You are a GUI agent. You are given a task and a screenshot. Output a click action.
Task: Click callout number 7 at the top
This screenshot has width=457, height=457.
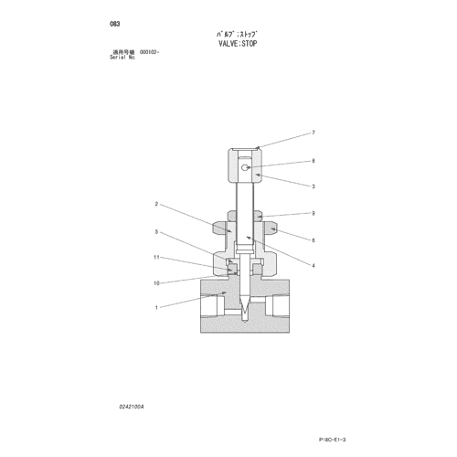[314, 133]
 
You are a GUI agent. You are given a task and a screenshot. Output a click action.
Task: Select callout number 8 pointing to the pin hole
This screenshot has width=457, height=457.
[314, 161]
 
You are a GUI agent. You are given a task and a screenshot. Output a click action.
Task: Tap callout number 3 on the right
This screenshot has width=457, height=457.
[314, 186]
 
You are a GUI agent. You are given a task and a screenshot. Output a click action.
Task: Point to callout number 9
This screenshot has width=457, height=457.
[314, 213]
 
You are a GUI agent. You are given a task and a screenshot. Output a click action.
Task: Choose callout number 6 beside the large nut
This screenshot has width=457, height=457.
[314, 240]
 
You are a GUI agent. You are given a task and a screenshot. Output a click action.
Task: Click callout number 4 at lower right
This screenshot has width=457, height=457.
[314, 266]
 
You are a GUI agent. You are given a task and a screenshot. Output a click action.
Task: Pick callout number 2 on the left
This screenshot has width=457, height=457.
[156, 204]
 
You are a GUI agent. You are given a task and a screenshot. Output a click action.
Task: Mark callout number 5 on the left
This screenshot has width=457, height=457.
[156, 232]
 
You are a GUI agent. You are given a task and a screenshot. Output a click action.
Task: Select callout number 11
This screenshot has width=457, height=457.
[156, 258]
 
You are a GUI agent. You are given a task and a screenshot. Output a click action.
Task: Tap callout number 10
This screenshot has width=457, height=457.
[156, 283]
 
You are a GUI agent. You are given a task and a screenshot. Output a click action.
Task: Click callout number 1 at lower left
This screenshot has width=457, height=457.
[156, 308]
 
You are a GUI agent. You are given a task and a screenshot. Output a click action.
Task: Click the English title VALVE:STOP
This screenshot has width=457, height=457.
[238, 44]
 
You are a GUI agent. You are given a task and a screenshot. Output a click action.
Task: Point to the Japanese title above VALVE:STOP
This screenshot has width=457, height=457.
[238, 34]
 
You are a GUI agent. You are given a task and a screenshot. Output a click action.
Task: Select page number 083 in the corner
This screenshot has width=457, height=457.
[115, 24]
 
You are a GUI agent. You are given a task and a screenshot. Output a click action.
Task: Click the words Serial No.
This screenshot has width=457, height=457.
[122, 58]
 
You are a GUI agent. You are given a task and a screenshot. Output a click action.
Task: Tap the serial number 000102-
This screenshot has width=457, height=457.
[150, 52]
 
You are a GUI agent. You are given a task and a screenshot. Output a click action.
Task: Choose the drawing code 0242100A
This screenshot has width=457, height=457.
[132, 407]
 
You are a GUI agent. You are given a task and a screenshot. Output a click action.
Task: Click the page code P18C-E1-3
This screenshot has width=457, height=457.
[333, 440]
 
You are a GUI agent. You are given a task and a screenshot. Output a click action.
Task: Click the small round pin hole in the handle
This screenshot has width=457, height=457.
[245, 167]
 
